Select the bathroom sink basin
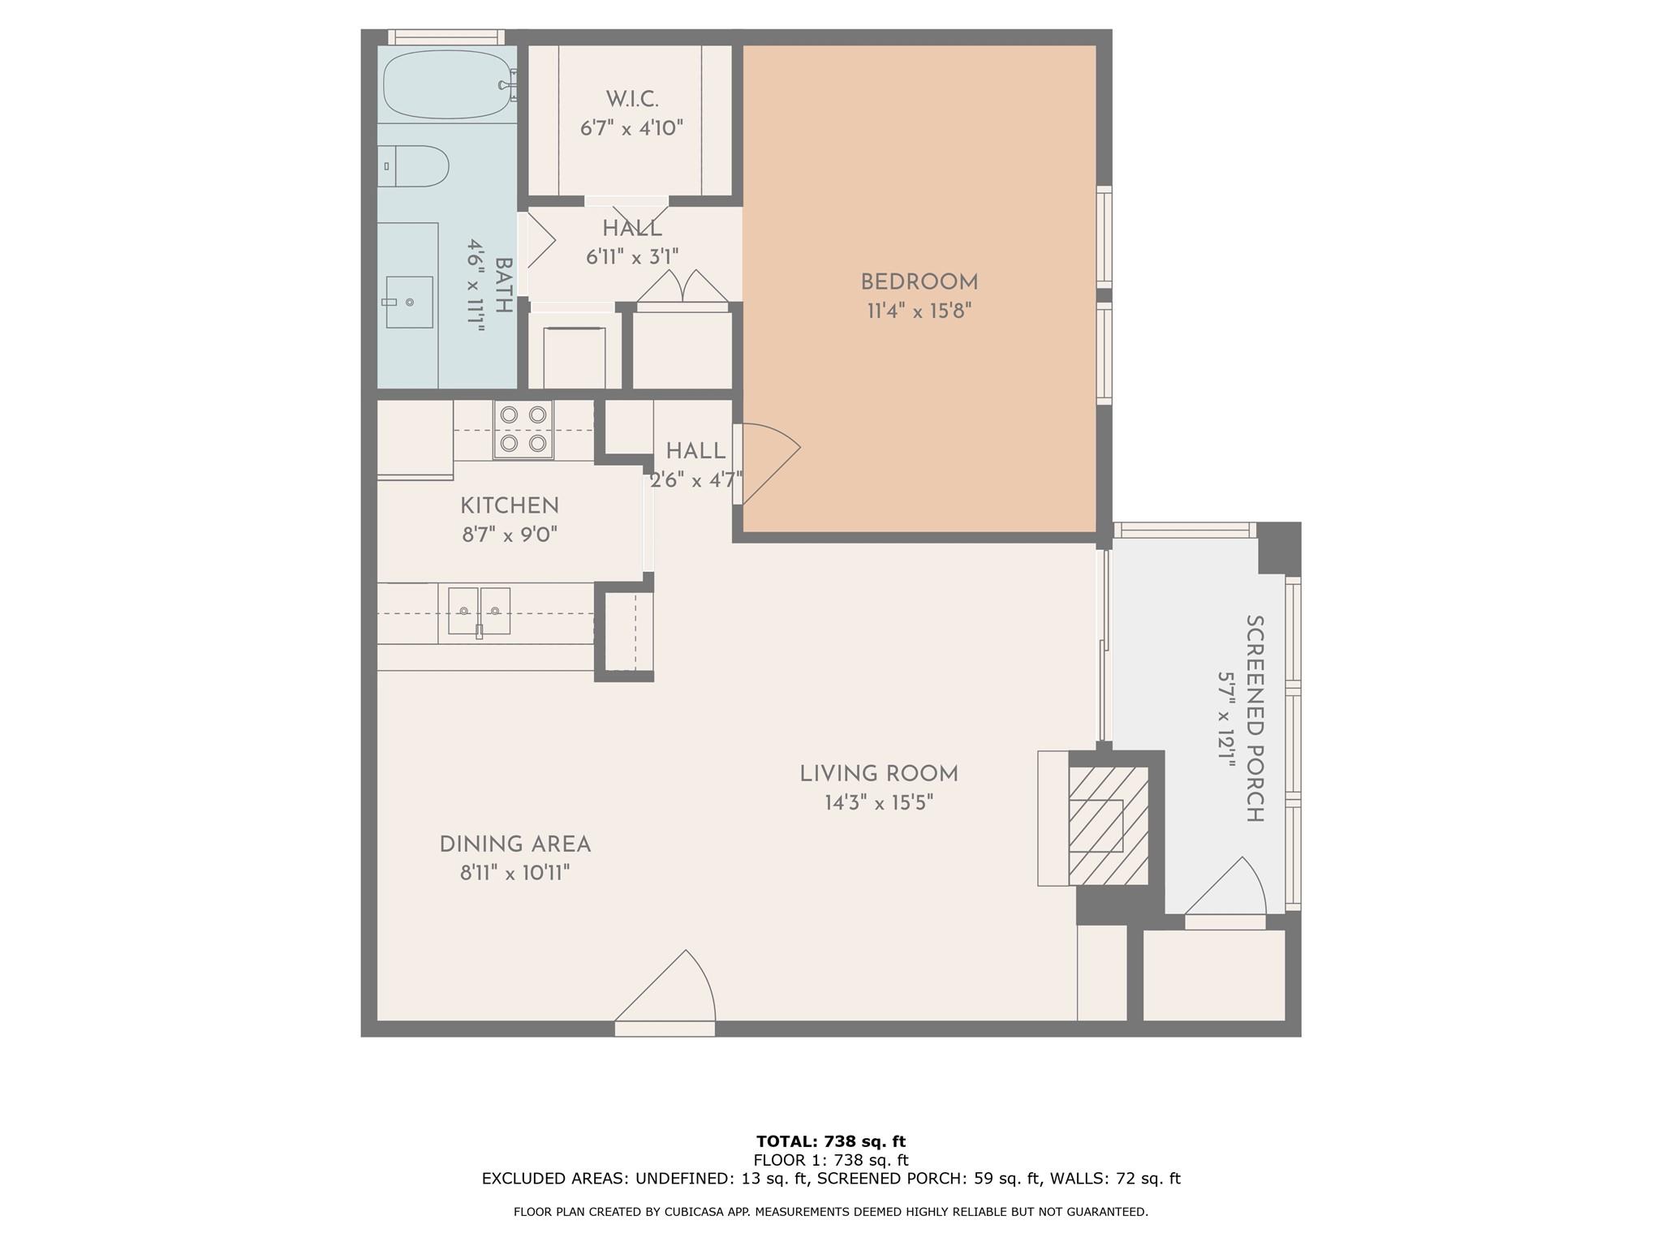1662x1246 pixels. [x=409, y=302]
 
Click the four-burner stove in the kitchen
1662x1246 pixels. [x=523, y=429]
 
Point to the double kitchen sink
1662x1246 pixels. [x=479, y=611]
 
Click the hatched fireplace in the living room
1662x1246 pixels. [x=1108, y=825]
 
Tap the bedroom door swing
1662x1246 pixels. [x=768, y=462]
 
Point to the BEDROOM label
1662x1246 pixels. [x=919, y=282]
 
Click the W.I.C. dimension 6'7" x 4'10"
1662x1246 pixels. [x=631, y=128]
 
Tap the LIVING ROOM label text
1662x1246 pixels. [x=879, y=774]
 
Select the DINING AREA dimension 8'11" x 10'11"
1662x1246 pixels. [x=515, y=874]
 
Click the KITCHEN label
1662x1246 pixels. [x=510, y=505]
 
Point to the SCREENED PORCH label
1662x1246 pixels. [x=1255, y=718]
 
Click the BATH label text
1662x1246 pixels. [x=503, y=286]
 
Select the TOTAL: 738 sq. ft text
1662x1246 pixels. [x=831, y=1141]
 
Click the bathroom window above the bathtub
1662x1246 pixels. [x=445, y=37]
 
